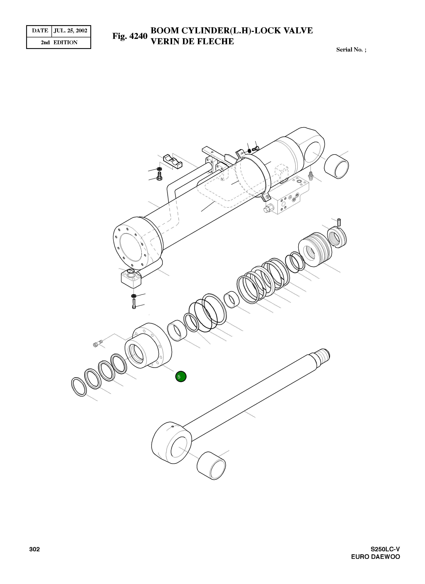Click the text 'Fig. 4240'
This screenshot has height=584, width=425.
point(130,36)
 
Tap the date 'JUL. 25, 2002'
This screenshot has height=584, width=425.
point(71,31)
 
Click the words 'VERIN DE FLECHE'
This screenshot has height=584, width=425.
point(192,41)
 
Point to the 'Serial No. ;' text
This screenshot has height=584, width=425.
point(351,50)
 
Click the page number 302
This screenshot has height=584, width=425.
point(35,549)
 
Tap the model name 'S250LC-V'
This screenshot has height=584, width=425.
point(385,549)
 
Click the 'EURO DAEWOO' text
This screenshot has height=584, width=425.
point(376,557)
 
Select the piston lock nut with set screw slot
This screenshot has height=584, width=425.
point(337,237)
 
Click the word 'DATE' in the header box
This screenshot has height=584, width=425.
point(40,31)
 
